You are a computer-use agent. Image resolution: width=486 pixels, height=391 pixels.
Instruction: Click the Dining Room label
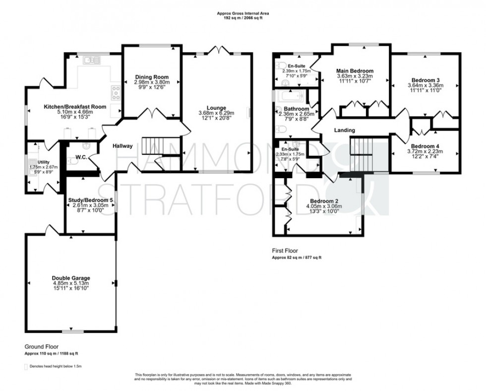(x=152, y=77)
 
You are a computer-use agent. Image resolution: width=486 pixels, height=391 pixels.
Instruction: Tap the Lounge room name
(x=217, y=108)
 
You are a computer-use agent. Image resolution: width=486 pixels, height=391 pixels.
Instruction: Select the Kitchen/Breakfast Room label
(x=68, y=107)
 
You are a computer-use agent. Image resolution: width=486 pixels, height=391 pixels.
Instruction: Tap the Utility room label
(x=44, y=162)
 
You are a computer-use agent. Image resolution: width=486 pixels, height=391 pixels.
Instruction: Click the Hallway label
(x=122, y=146)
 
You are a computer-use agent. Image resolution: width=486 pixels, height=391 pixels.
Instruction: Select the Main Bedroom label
(x=355, y=71)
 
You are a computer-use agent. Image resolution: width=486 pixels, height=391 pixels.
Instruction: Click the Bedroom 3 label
(x=425, y=79)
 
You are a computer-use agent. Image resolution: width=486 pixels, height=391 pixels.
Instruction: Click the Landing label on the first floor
(x=344, y=130)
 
